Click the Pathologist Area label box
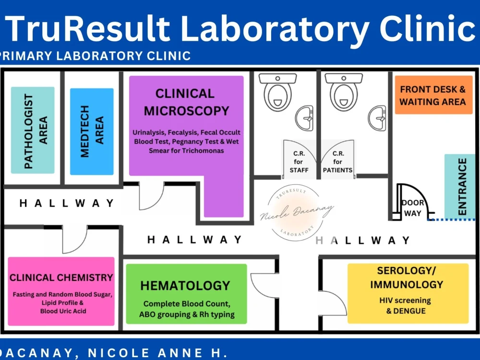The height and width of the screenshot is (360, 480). pyautogui.click(x=33, y=131)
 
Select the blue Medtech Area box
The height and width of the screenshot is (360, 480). pyautogui.click(x=92, y=132)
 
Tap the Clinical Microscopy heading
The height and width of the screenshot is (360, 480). pyautogui.click(x=186, y=102)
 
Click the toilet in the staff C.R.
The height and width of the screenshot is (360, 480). pyautogui.click(x=277, y=92)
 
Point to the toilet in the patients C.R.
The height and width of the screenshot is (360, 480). pyautogui.click(x=344, y=92)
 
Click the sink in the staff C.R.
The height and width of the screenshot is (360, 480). pyautogui.click(x=304, y=118)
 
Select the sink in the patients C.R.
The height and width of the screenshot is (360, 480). pyautogui.click(x=377, y=118)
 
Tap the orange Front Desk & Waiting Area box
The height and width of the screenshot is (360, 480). pyautogui.click(x=433, y=95)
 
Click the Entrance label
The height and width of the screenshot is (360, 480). pyautogui.click(x=462, y=187)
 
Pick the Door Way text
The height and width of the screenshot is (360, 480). pyautogui.click(x=413, y=208)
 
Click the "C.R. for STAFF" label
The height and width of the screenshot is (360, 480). pyautogui.click(x=299, y=162)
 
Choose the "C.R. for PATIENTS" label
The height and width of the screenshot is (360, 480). pyautogui.click(x=337, y=162)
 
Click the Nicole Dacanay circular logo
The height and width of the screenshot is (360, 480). pyautogui.click(x=296, y=213)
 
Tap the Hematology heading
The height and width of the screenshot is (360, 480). pyautogui.click(x=185, y=286)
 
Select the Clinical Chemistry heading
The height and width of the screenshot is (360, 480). pyautogui.click(x=61, y=277)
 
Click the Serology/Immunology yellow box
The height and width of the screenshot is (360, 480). pyautogui.click(x=408, y=293)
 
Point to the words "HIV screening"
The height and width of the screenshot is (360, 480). pyautogui.click(x=405, y=300)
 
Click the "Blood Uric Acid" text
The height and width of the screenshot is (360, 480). pyautogui.click(x=63, y=311)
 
